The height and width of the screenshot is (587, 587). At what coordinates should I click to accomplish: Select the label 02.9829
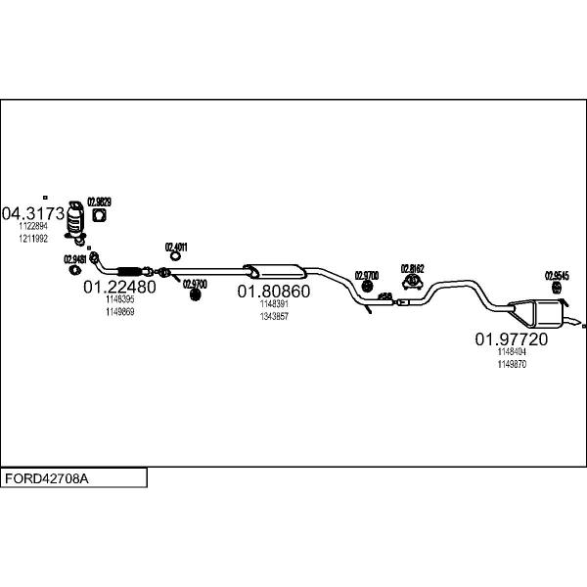[x=100, y=203]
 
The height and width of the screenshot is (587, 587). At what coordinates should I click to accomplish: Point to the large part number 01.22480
[x=119, y=288]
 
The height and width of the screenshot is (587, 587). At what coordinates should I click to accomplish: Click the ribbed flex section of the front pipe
[x=128, y=270]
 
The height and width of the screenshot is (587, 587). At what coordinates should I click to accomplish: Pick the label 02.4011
[x=176, y=248]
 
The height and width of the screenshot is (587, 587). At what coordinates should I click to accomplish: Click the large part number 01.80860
[x=274, y=292]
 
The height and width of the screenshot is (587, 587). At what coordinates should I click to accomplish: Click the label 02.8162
[x=412, y=268]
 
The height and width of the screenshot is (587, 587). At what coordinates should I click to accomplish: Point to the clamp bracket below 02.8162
[x=413, y=285]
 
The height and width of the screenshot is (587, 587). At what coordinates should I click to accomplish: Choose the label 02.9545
[x=557, y=276]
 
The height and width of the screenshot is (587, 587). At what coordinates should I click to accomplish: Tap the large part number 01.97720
[x=511, y=339]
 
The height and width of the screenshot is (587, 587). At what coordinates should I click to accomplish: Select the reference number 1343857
[x=274, y=316]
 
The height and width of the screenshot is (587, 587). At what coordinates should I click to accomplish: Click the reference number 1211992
[x=33, y=238]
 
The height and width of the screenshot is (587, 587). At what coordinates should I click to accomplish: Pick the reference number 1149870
[x=512, y=364]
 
